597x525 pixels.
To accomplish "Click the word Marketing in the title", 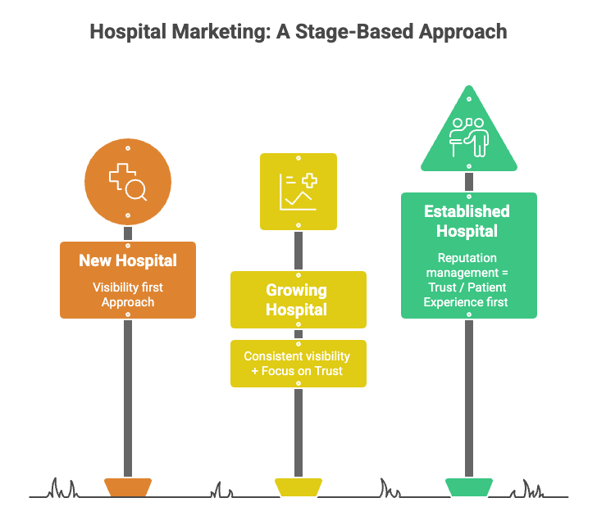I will point(215,32).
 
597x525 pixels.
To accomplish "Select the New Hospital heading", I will point(128,261).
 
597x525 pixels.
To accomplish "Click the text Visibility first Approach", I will point(128,295).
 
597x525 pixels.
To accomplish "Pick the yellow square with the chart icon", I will point(298,192).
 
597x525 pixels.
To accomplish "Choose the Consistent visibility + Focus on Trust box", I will point(298,364).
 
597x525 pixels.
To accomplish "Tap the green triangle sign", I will point(469,135).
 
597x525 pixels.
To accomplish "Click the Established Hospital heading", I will point(467,221).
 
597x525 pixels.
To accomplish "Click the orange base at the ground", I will point(128,487).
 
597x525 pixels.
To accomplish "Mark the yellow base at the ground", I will point(298,487).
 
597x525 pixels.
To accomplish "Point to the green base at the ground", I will point(469,487).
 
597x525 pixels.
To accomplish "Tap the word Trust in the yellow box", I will point(327,371).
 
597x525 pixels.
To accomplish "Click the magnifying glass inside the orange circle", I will point(136,189).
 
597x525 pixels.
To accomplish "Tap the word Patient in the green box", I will point(487,287).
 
